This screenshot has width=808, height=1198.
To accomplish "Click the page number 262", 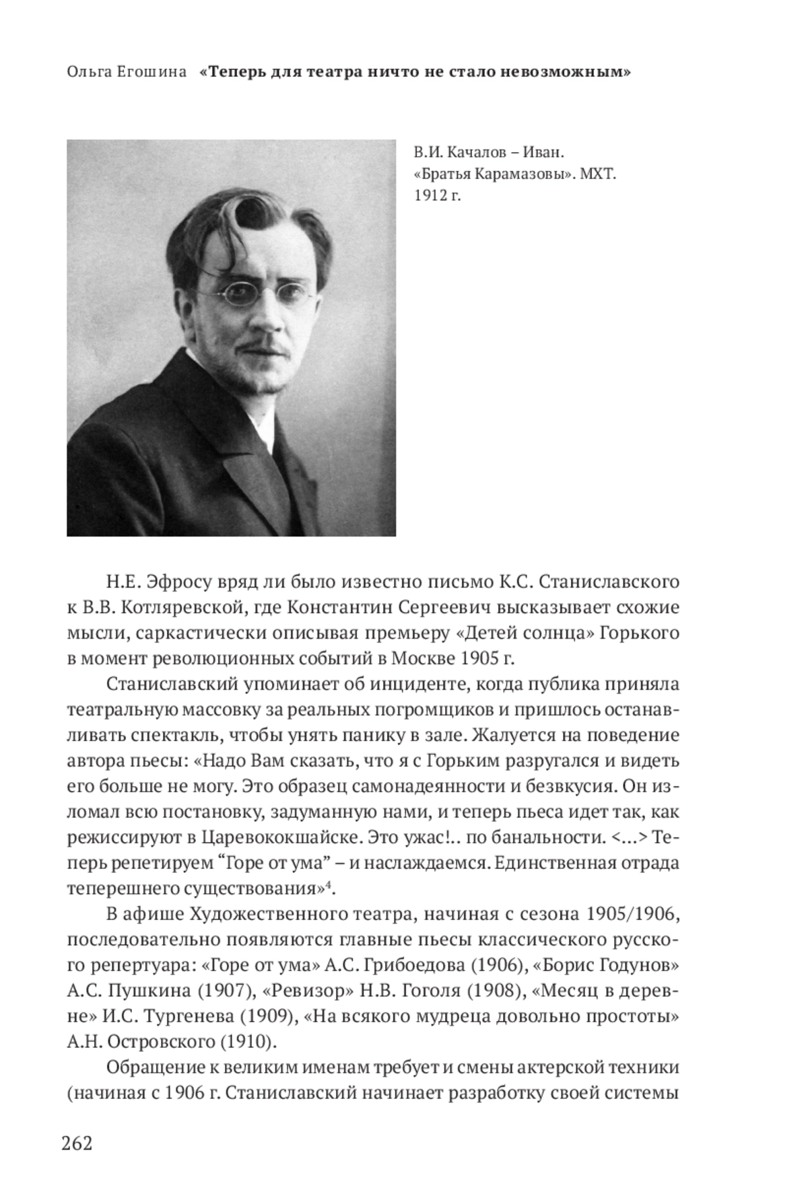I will pos(76,1143).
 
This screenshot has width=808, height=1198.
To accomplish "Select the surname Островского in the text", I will pos(157,1043).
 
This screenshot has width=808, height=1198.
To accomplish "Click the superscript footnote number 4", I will pos(329,884).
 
